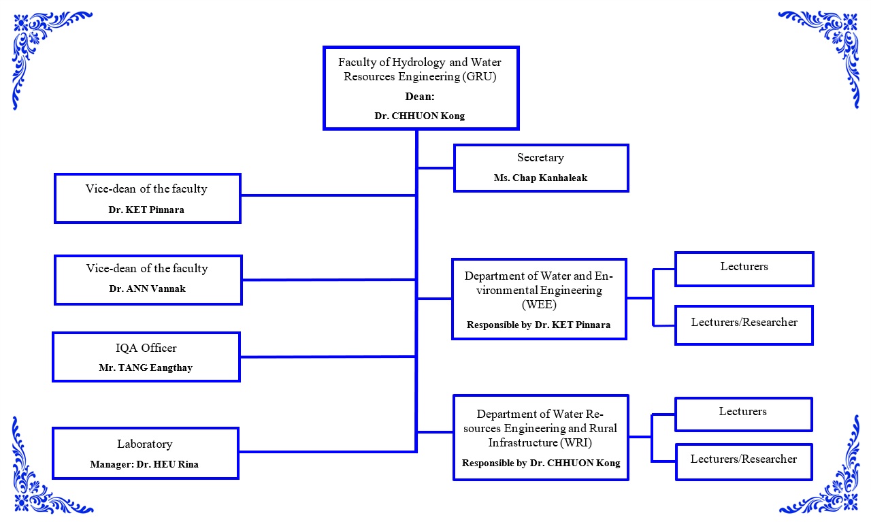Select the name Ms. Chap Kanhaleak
pyautogui.click(x=540, y=178)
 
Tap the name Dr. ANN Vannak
pyautogui.click(x=147, y=289)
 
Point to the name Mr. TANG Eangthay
pyautogui.click(x=146, y=368)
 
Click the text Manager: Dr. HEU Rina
pyautogui.click(x=144, y=464)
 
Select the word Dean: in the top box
pyautogui.click(x=420, y=97)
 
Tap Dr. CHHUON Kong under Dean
pyautogui.click(x=420, y=116)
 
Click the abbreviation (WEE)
pyautogui.click(x=538, y=304)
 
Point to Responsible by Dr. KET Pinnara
pyautogui.click(x=538, y=325)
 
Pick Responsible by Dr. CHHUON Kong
pyautogui.click(x=541, y=463)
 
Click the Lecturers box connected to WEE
pyautogui.click(x=744, y=268)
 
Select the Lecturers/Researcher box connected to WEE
pyautogui.click(x=744, y=324)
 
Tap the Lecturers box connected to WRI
pyautogui.click(x=743, y=414)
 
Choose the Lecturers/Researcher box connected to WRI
pyautogui.click(x=743, y=461)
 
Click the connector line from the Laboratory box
pyautogui.click(x=327, y=451)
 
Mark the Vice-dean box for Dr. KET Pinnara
pyautogui.click(x=147, y=198)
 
